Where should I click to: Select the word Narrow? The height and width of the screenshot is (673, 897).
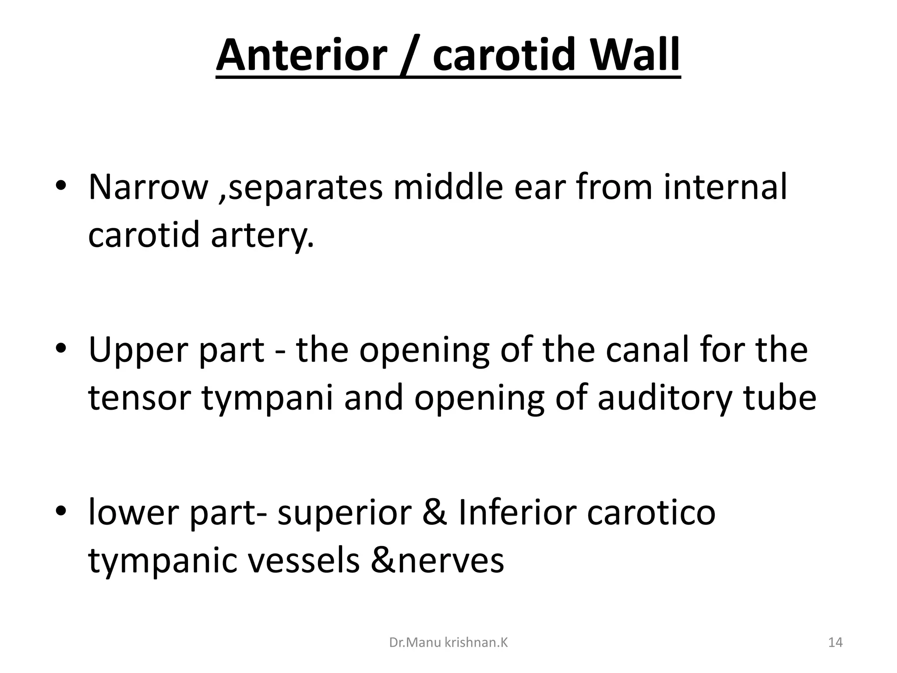coord(148,187)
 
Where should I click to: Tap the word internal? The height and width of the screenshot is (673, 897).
coord(725,187)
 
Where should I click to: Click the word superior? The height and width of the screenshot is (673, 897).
coord(345,514)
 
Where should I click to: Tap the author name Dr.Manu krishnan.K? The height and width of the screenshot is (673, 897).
coord(448,643)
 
